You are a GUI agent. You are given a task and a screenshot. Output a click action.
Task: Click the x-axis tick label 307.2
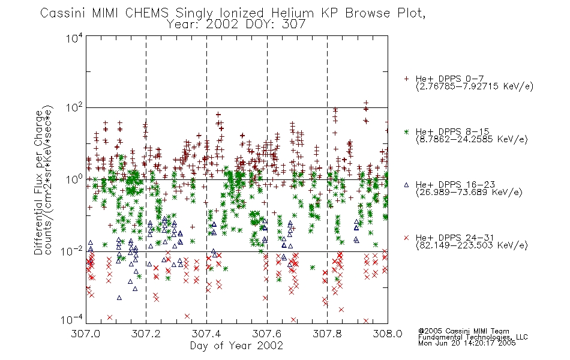click(146, 334)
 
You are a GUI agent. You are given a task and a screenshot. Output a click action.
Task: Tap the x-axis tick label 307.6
click(267, 334)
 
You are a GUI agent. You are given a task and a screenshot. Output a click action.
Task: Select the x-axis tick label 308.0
click(388, 334)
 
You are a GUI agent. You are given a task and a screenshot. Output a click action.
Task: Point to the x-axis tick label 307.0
click(85, 334)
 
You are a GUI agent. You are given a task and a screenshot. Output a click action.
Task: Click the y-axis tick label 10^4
click(74, 38)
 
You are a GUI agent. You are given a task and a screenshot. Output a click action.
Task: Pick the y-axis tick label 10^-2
click(72, 251)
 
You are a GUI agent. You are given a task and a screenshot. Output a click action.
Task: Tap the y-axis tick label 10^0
click(74, 179)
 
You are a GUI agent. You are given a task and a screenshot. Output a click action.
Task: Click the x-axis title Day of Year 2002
click(236, 346)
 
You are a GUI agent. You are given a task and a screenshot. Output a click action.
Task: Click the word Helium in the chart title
click(292, 13)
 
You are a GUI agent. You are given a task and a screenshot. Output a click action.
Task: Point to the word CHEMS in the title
click(147, 13)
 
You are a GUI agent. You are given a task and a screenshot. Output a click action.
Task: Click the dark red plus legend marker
click(406, 79)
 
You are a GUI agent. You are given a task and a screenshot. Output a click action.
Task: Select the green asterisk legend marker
click(406, 132)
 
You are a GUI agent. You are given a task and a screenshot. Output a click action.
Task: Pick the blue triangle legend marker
click(406, 185)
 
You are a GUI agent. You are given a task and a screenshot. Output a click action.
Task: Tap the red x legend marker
click(406, 238)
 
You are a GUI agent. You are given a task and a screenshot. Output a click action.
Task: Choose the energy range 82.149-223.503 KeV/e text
click(472, 245)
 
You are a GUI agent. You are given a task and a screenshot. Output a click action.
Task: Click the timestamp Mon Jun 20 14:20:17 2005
click(467, 343)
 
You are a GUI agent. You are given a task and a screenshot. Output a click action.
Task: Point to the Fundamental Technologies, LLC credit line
click(473, 337)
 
